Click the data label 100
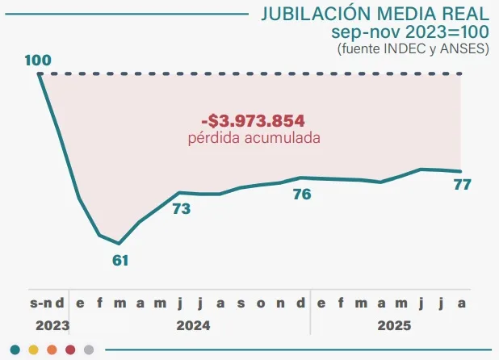tap(38, 61)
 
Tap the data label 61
tap(120, 260)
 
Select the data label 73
tap(181, 209)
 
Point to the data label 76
tap(301, 195)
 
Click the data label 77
tap(462, 185)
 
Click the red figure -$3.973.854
tap(253, 121)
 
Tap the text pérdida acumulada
tap(254, 138)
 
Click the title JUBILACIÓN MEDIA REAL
tap(374, 15)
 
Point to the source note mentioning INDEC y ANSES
tap(413, 48)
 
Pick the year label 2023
tap(48, 326)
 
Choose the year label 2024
tap(191, 326)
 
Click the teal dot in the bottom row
tap(14, 350)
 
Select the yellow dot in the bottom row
tap(33, 350)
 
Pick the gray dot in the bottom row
tap(89, 350)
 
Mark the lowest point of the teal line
tap(120, 243)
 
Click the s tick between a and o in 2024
tap(241, 303)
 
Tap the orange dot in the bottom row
tap(52, 350)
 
